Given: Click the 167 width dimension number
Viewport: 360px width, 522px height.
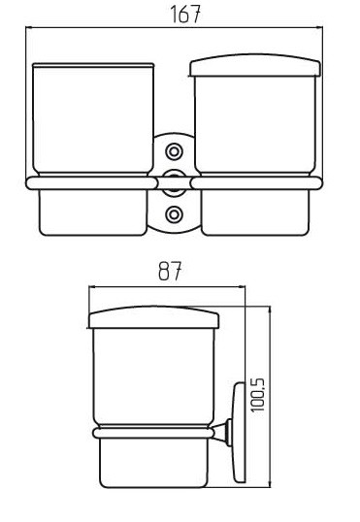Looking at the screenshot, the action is (x=185, y=14).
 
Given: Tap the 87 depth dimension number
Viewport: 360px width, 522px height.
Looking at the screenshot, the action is (x=170, y=271).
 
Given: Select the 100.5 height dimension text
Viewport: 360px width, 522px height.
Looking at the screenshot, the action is (x=258, y=395).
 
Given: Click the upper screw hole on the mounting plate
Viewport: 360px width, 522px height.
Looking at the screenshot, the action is (x=174, y=151).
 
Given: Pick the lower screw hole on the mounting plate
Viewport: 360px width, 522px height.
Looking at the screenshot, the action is (x=174, y=214).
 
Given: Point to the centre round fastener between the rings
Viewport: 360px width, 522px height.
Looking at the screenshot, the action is (x=174, y=182).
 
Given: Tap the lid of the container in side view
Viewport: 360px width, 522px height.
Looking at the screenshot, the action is (x=154, y=317).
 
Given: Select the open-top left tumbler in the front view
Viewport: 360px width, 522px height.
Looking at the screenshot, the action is (x=93, y=118).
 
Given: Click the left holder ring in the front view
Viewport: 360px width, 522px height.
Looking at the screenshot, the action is (x=91, y=183).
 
